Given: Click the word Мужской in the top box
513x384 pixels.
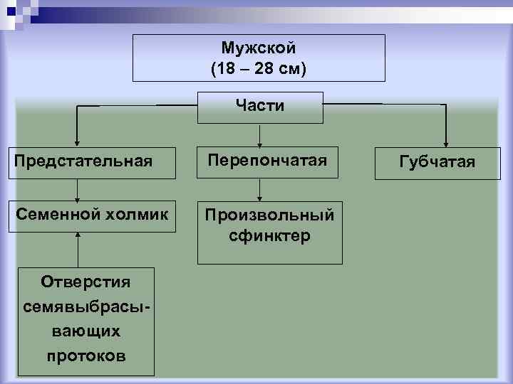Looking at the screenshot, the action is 259,48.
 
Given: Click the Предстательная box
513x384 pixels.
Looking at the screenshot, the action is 83,161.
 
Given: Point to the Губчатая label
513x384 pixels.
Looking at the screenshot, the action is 437,162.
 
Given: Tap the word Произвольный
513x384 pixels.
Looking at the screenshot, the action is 270,215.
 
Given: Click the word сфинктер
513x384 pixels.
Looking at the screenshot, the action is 270,235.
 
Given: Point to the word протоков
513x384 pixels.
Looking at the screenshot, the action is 86,355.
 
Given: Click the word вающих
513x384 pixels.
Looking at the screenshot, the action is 86,331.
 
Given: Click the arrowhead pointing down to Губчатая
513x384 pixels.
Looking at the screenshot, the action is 446,141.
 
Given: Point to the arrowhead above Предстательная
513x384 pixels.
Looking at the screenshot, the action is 77,142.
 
